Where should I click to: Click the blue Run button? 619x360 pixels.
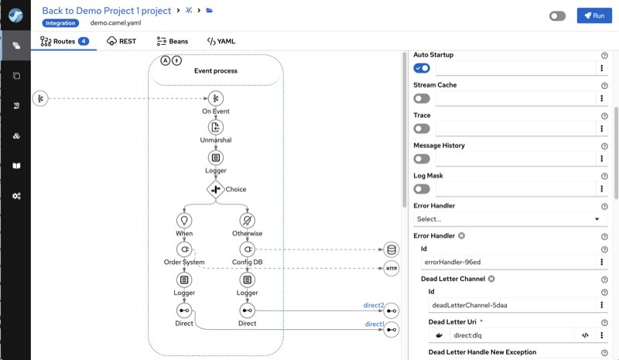tap(594, 15)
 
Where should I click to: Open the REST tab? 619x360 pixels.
tap(121, 41)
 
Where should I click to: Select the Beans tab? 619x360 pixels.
tap(172, 41)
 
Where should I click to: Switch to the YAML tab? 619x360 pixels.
tap(221, 41)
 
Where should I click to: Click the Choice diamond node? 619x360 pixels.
tap(216, 190)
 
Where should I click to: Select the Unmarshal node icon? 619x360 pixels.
tap(216, 127)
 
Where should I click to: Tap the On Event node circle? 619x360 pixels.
tap(216, 98)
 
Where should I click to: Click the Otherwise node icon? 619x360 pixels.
tap(247, 220)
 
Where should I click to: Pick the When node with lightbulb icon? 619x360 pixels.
tap(184, 220)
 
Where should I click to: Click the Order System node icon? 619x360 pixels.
tap(184, 249)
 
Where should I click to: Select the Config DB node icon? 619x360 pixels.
tap(247, 249)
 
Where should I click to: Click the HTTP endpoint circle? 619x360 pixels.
tap(392, 269)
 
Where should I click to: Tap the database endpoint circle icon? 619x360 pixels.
tap(392, 250)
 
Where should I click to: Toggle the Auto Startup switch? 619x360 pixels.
tap(422, 68)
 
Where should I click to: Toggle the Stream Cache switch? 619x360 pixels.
tap(422, 98)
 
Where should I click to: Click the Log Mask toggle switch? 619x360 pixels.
tap(422, 189)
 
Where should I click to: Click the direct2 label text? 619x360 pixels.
tap(374, 305)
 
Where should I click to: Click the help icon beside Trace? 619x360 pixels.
tap(604, 116)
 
